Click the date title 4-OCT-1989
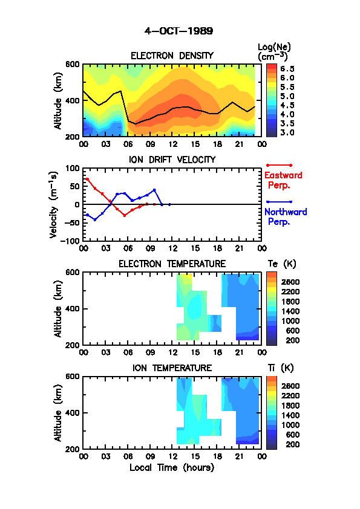click(x=178, y=31)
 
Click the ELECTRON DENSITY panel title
click(x=172, y=56)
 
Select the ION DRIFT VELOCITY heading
click(x=172, y=160)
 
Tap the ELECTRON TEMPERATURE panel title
click(x=172, y=264)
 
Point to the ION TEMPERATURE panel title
click(x=172, y=368)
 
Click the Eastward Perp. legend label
click(x=283, y=180)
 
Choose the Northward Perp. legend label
click(x=286, y=217)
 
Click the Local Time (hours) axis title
click(x=172, y=467)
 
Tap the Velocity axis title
click(x=54, y=205)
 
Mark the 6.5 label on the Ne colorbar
click(x=287, y=69)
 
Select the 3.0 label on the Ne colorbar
click(x=287, y=132)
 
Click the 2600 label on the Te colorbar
click(x=290, y=282)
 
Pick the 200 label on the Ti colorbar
click(x=293, y=444)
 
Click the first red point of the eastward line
click(x=87, y=179)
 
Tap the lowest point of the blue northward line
click(x=95, y=220)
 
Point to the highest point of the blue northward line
click(x=154, y=190)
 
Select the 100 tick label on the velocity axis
click(x=73, y=169)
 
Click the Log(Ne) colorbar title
click(x=274, y=52)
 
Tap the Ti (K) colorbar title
click(x=281, y=368)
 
